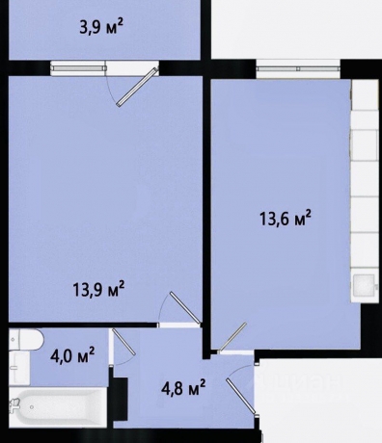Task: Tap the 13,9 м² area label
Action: tap(100, 287)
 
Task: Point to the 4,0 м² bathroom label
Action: tap(72, 357)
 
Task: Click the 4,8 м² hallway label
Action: tap(183, 388)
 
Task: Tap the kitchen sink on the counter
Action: tap(365, 286)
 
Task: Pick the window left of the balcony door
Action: tap(79, 67)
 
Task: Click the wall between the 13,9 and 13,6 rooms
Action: tap(206, 193)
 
